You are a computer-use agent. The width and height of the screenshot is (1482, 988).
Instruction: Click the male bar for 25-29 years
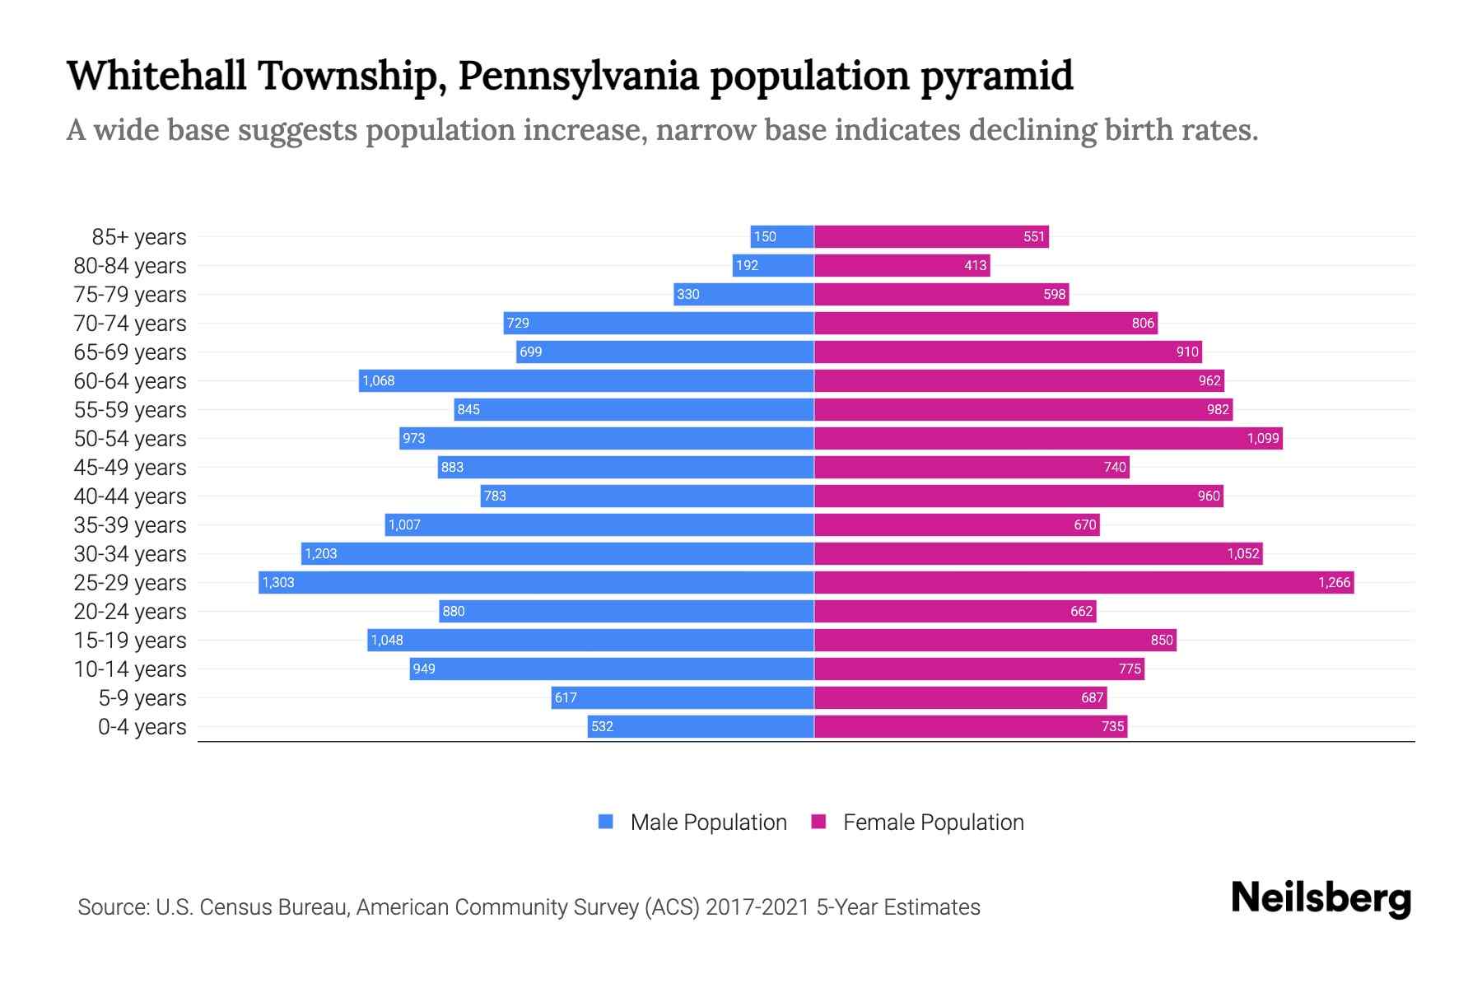pyautogui.click(x=535, y=583)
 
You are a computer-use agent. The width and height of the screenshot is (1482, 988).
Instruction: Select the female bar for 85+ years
pyautogui.click(x=930, y=237)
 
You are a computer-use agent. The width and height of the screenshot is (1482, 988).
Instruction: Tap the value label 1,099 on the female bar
pyautogui.click(x=1263, y=439)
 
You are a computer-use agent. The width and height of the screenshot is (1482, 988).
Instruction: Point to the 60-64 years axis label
pyautogui.click(x=130, y=381)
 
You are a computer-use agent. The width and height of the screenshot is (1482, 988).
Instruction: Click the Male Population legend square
pyautogui.click(x=606, y=822)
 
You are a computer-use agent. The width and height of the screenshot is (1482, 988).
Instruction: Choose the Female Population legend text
pyautogui.click(x=933, y=823)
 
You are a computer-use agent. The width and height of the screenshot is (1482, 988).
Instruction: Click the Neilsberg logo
pyautogui.click(x=1321, y=898)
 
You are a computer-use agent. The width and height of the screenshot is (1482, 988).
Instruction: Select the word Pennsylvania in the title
pyautogui.click(x=578, y=76)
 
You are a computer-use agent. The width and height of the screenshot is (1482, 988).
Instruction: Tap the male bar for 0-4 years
pyautogui.click(x=700, y=727)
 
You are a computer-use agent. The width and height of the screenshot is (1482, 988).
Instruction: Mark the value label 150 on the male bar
pyautogui.click(x=765, y=237)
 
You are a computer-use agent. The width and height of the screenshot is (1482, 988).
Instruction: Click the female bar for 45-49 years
pyautogui.click(x=972, y=468)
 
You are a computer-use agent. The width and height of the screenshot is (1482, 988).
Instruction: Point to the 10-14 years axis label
pyautogui.click(x=130, y=669)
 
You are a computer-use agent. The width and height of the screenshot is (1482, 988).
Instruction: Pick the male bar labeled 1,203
pyautogui.click(x=557, y=554)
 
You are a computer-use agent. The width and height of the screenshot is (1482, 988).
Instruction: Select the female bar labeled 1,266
pyautogui.click(x=1084, y=583)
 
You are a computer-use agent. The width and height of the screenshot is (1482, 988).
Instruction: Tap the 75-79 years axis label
pyautogui.click(x=130, y=295)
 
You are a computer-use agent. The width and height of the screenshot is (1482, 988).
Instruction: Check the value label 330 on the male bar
pyautogui.click(x=687, y=295)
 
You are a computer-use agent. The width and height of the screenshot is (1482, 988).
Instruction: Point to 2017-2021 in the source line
pyautogui.click(x=757, y=907)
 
